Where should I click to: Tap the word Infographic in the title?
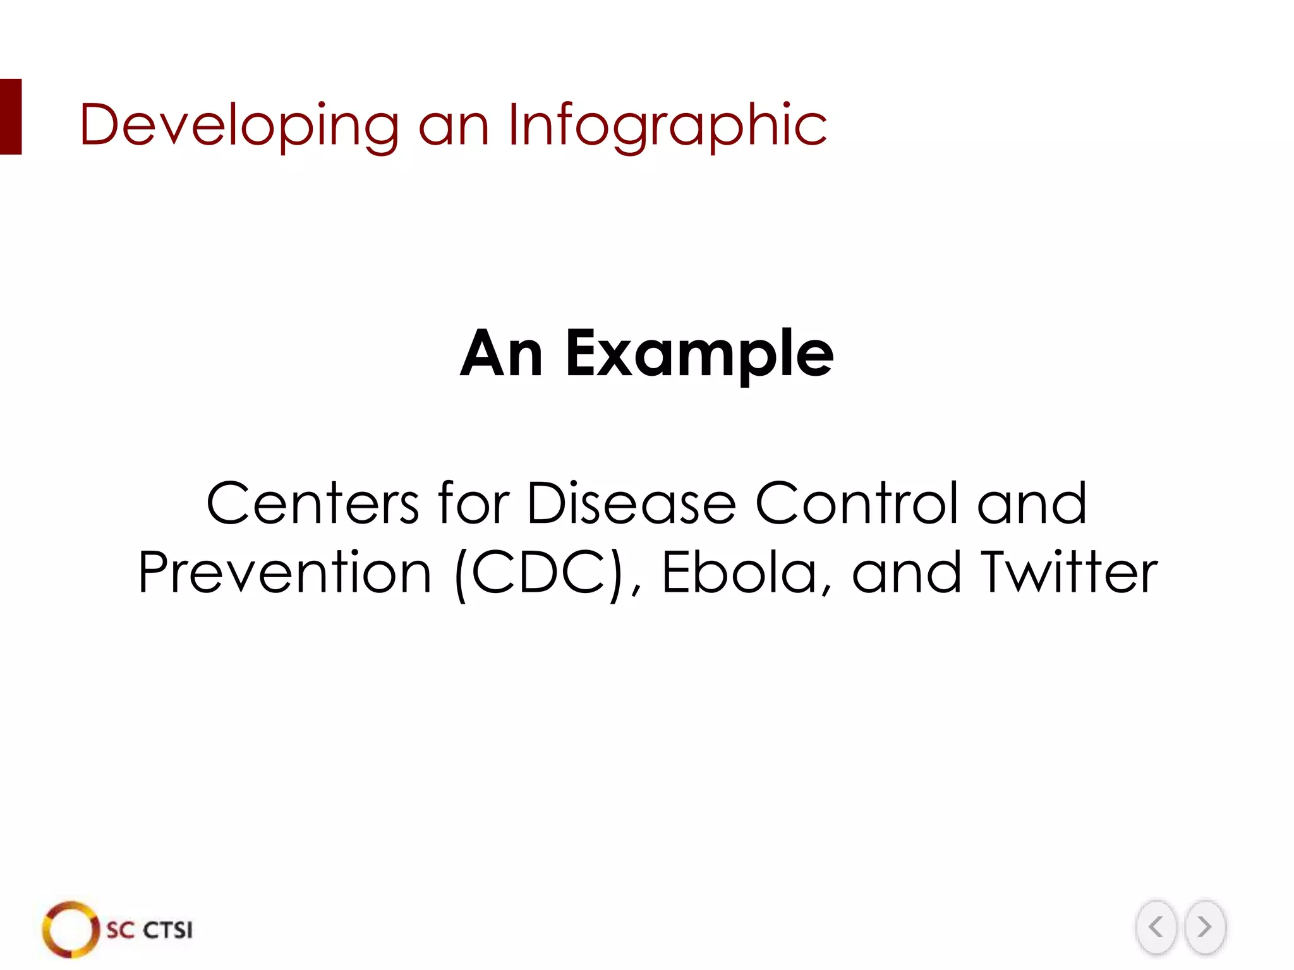667,125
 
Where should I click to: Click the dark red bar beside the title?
11,117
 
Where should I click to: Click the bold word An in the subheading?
501,354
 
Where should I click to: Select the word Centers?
312,503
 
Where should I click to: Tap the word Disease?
631,503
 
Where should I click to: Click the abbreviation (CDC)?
538,573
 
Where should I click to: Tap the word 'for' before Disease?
473,503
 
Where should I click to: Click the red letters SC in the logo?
120,930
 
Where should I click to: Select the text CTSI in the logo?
167,930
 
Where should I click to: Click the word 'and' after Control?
1032,503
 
